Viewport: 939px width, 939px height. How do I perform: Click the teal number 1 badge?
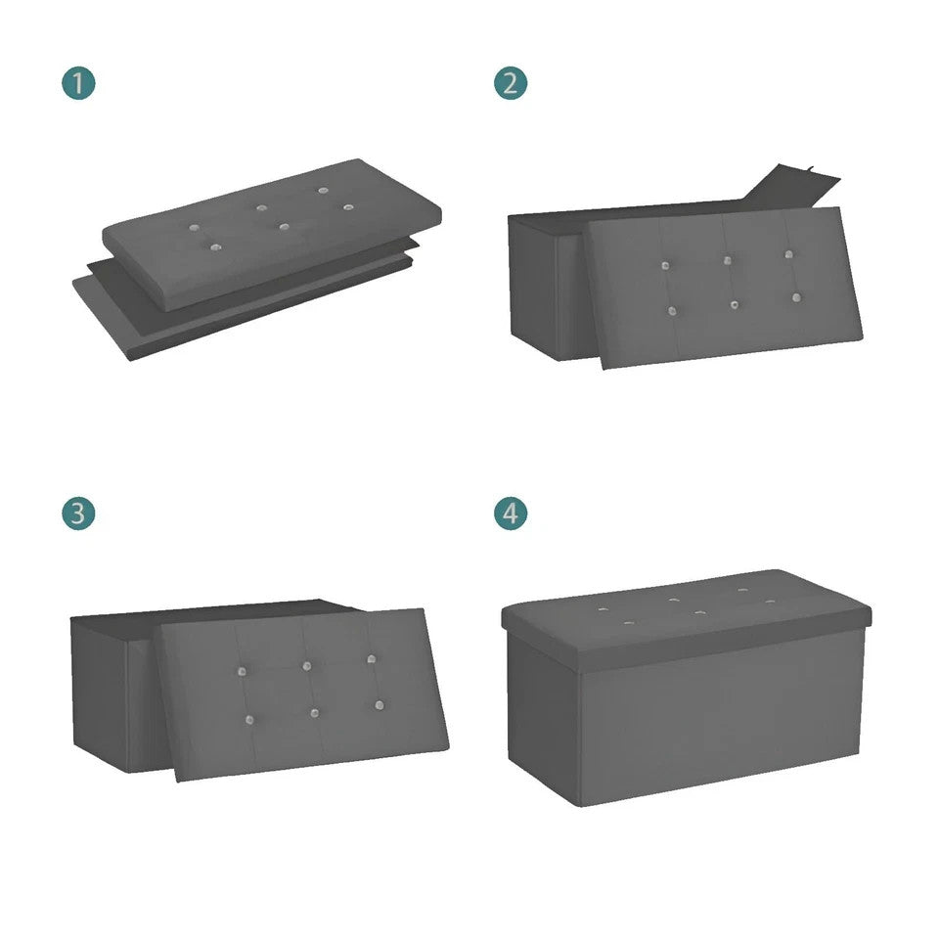click(78, 83)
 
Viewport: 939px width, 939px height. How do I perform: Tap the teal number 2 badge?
click(511, 83)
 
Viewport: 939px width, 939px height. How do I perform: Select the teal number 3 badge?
click(78, 514)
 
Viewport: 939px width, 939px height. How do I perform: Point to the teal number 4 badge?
click(511, 514)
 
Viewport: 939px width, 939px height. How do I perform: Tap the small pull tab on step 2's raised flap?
click(810, 170)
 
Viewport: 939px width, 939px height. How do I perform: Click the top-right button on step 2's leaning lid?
click(788, 254)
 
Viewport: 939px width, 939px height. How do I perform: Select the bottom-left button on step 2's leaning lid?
click(672, 311)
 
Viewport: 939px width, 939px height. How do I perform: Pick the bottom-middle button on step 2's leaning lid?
click(735, 305)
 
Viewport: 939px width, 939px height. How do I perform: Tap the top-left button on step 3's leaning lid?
click(242, 671)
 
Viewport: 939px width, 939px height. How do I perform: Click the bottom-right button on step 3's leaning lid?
click(380, 705)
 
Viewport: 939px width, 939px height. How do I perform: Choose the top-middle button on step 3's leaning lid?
click(306, 666)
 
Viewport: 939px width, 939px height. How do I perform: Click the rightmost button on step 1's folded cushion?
click(348, 207)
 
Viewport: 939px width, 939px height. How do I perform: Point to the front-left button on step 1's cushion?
click(215, 247)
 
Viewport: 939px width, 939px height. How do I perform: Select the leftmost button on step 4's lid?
click(604, 609)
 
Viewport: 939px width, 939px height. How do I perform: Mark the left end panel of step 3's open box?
click(100, 694)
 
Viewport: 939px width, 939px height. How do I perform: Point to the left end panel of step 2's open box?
click(534, 288)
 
